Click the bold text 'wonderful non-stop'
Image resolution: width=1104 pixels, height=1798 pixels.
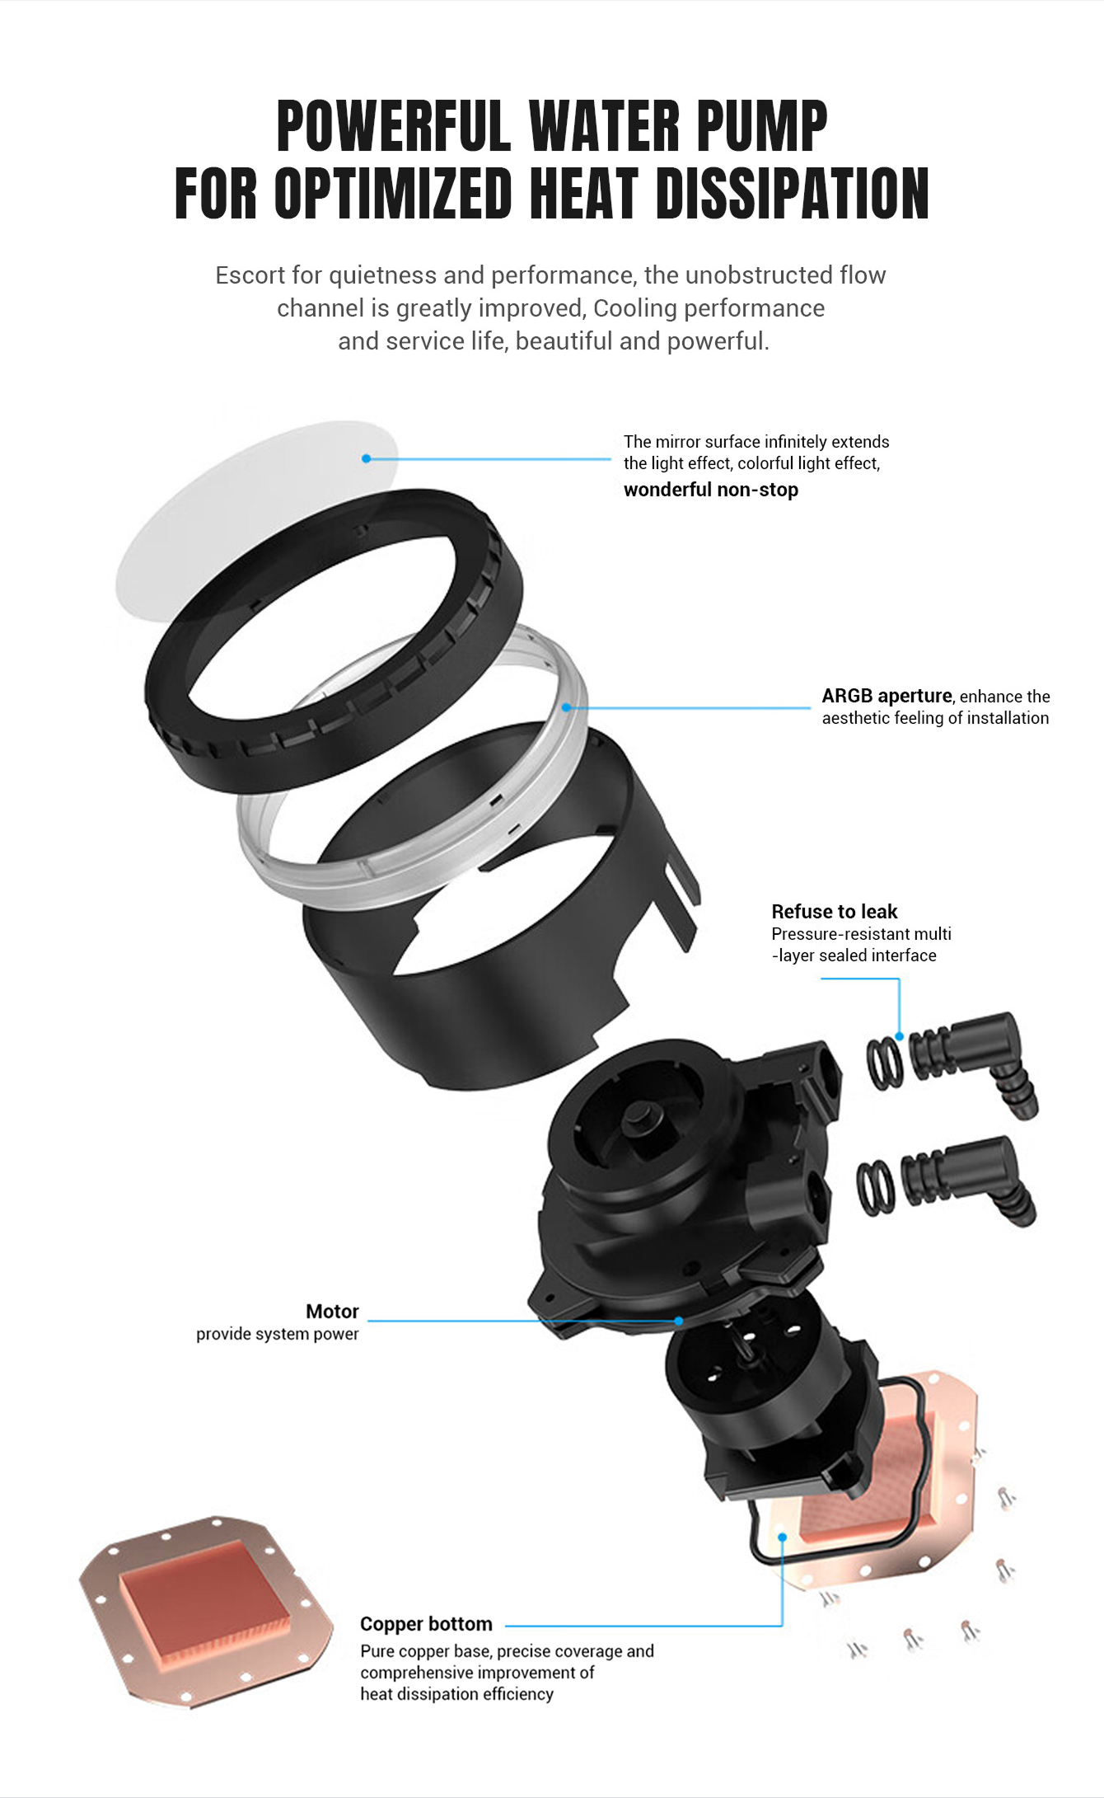pos(711,490)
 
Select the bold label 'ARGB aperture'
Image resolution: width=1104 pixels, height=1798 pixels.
pos(886,696)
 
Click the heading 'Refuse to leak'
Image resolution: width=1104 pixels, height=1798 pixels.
pos(835,912)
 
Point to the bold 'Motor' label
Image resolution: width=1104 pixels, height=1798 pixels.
pos(332,1312)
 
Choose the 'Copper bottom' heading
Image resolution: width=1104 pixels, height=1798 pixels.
pos(426,1624)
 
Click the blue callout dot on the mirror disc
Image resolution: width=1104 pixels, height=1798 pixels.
pos(367,458)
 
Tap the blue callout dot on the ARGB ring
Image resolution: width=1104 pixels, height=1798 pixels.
pos(566,707)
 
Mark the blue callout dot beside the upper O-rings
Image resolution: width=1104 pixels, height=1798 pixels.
pos(899,1036)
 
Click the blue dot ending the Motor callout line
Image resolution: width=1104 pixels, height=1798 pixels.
pos(679,1321)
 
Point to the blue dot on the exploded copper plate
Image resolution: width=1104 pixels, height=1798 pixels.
pos(783,1537)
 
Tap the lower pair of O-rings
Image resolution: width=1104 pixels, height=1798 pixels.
pos(876,1187)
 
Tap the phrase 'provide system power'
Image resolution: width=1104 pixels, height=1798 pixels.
pos(278,1334)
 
